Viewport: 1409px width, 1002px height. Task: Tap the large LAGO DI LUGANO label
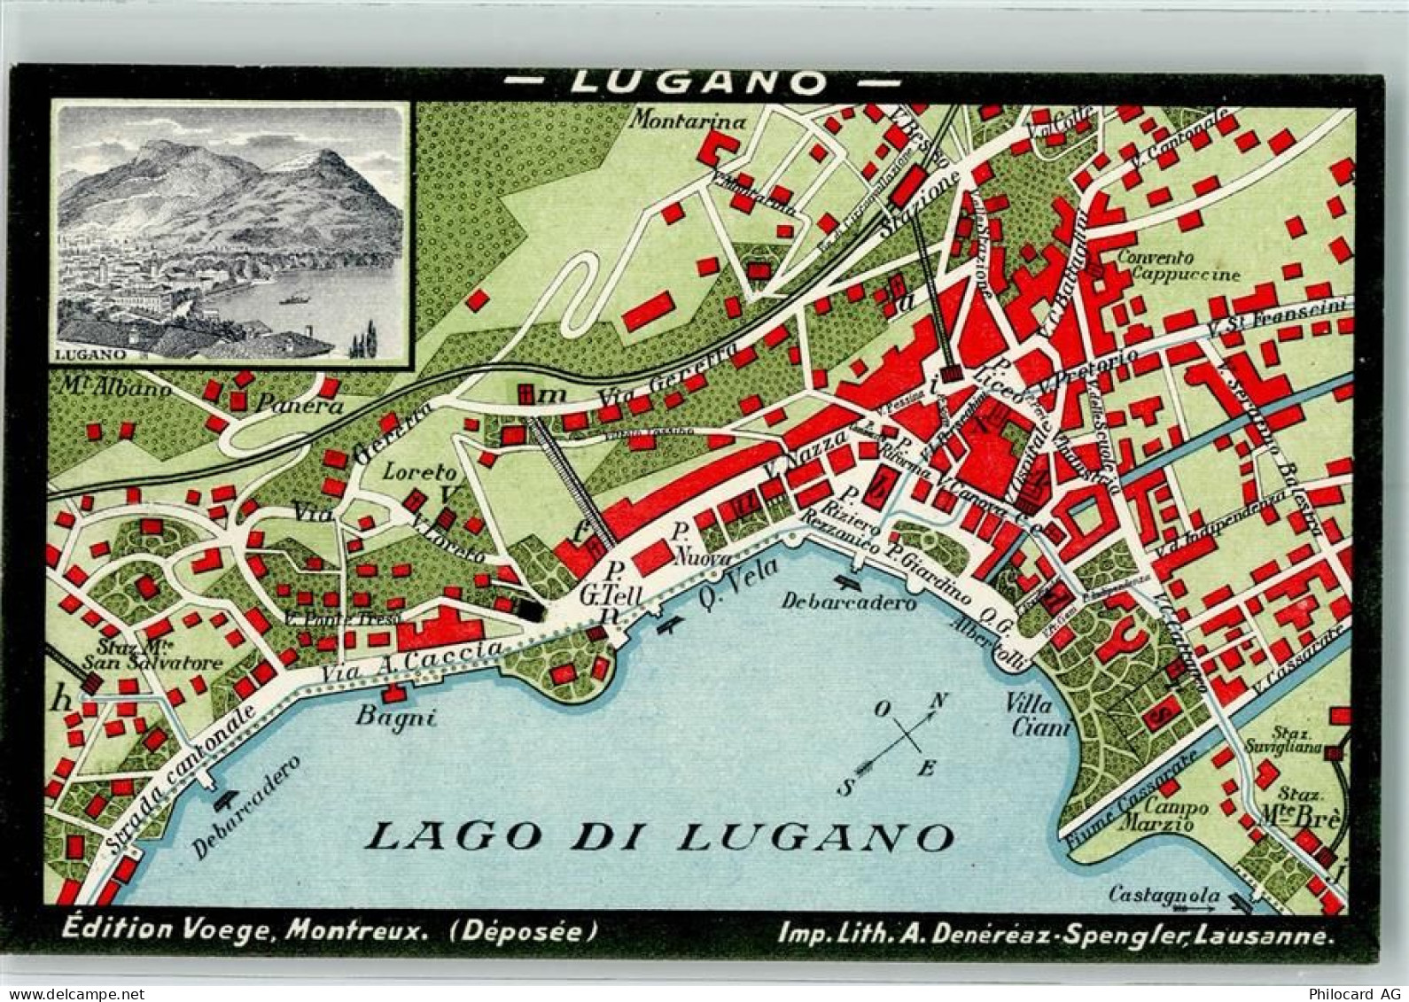[x=660, y=835]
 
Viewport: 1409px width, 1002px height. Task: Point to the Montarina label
[x=688, y=121]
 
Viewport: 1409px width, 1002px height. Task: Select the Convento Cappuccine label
[x=1178, y=266]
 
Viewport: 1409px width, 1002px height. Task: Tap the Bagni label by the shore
[x=395, y=717]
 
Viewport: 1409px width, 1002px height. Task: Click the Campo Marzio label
[x=1176, y=815]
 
